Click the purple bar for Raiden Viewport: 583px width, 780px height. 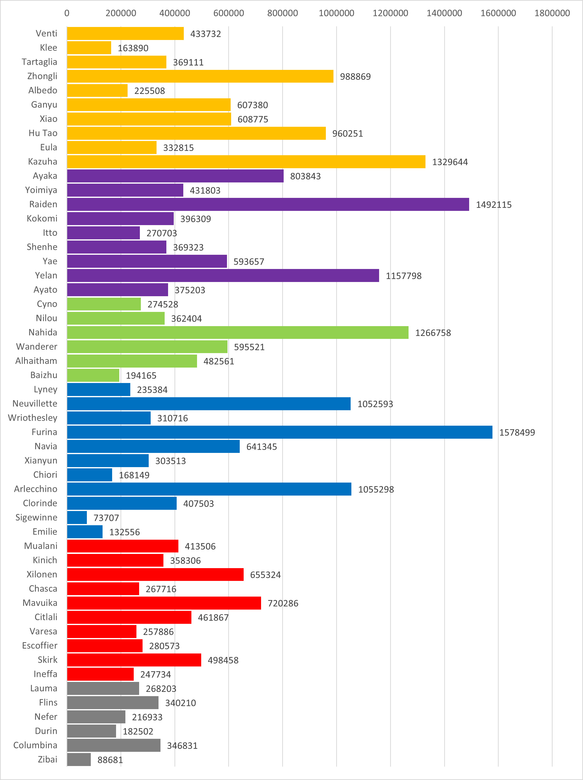click(268, 205)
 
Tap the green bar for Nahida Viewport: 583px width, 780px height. click(238, 332)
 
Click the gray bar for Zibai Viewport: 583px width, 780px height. click(79, 760)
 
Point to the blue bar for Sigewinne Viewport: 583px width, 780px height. click(77, 518)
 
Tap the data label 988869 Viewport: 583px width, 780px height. click(355, 77)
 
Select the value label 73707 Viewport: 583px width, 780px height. click(106, 518)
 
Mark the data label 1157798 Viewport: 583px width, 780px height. click(403, 276)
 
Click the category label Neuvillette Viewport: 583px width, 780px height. click(35, 403)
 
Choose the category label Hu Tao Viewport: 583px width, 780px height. click(43, 133)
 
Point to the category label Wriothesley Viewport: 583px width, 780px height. click(32, 418)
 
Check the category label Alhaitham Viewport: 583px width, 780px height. click(36, 361)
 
